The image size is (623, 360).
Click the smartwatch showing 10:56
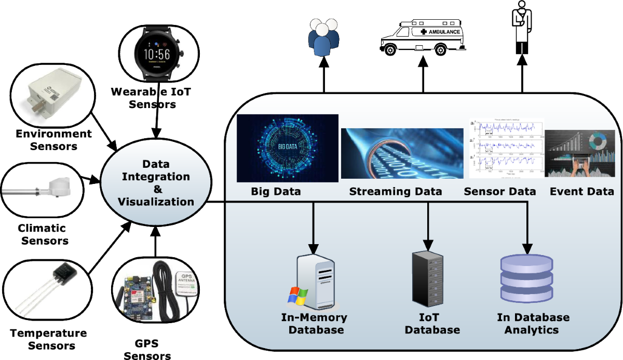[x=156, y=52]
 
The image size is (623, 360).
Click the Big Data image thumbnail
[x=287, y=148]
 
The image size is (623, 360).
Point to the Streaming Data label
[x=396, y=192]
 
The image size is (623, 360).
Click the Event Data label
[x=581, y=192]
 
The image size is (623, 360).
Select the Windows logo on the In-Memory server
[x=298, y=295]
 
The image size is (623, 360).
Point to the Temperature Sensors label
[x=49, y=339]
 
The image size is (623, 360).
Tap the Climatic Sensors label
[x=43, y=234]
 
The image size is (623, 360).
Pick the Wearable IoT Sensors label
[x=151, y=98]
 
